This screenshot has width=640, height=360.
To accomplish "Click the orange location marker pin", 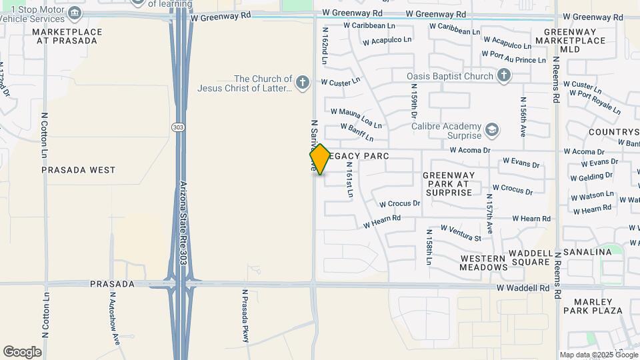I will coord(320,159).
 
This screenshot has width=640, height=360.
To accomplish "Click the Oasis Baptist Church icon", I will coord(504,76).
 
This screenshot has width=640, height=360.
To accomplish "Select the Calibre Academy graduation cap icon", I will coord(492,128).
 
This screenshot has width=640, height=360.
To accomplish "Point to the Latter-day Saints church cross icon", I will coord(303,83).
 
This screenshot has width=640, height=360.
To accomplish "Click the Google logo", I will coord(22,351).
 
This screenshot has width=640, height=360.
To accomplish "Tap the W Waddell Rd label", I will coord(523,288).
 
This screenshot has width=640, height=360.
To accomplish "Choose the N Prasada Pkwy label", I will coord(246,316).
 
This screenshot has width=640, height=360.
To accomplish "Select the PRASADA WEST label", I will coord(78,170).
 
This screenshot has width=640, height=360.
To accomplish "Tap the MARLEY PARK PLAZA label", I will coord(593,305).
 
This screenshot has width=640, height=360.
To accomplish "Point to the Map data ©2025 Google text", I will coord(598,355).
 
